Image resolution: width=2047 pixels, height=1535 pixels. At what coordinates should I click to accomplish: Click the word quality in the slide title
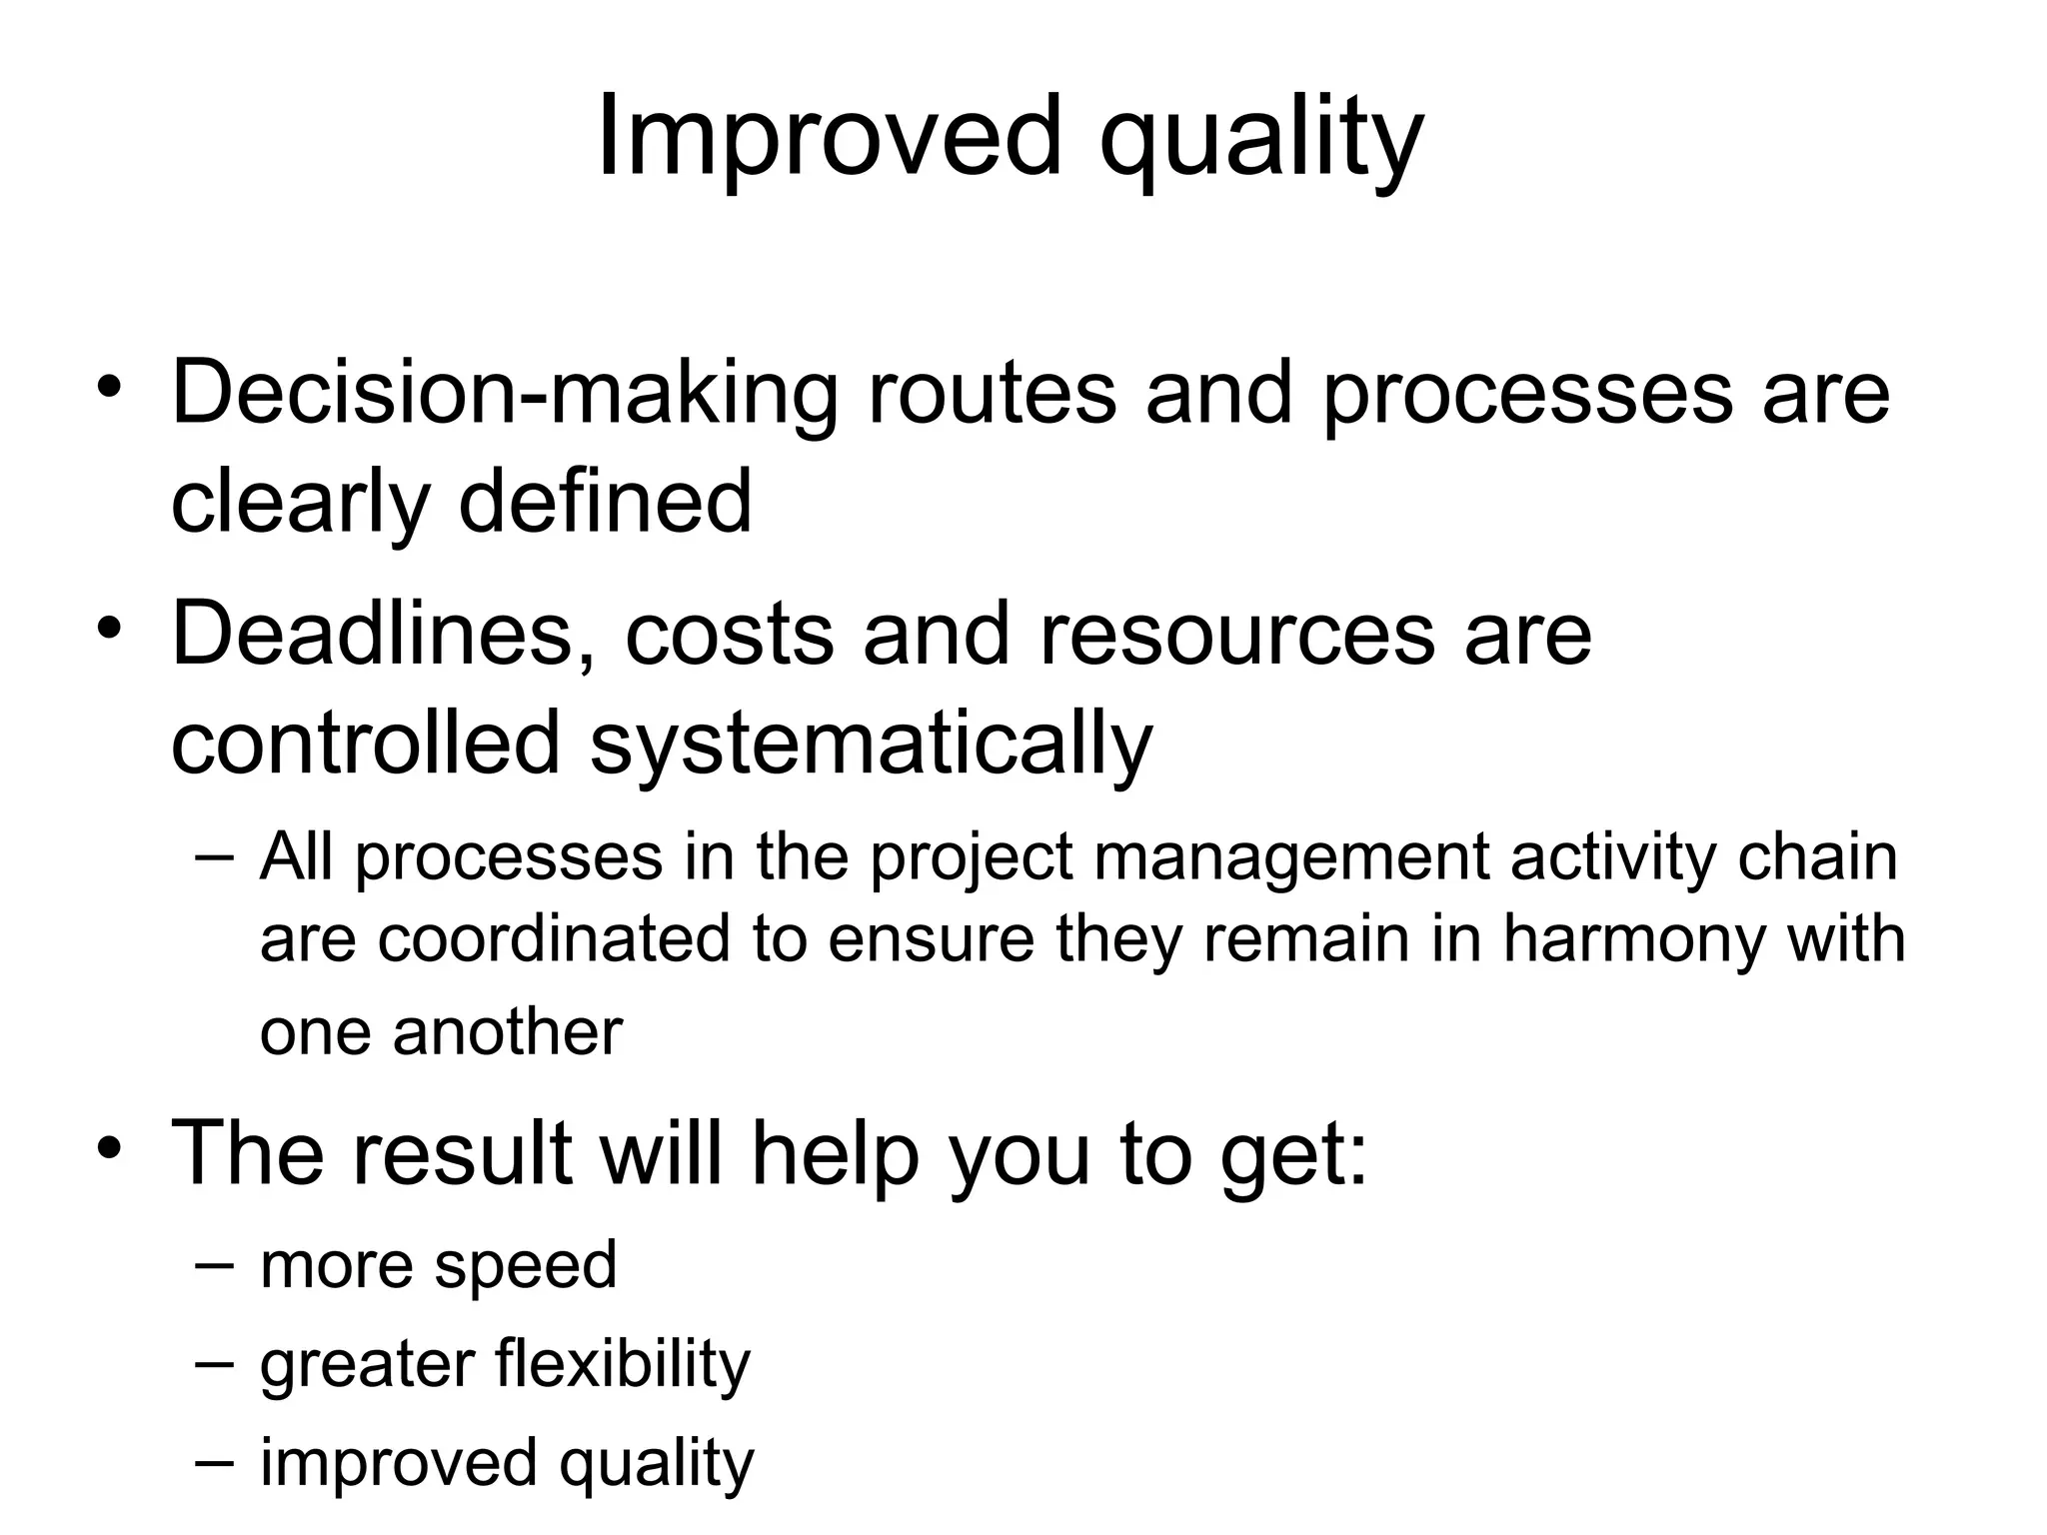point(1260,140)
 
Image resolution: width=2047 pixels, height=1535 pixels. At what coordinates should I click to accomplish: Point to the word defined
point(605,502)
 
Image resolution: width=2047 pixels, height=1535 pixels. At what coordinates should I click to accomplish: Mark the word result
point(461,1151)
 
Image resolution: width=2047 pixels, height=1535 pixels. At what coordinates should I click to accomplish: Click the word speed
point(526,1266)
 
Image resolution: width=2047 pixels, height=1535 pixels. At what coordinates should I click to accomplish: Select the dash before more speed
point(215,1263)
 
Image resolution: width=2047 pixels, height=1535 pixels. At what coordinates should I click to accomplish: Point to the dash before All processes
point(215,856)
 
